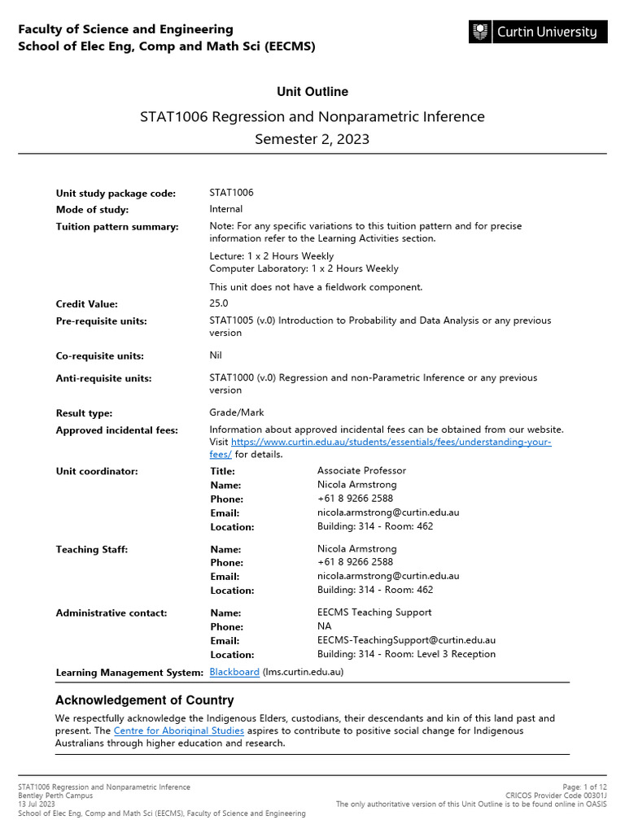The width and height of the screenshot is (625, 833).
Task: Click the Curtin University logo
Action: (x=537, y=33)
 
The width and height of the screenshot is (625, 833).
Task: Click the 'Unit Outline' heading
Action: (x=312, y=92)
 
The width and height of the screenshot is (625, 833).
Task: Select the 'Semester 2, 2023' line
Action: (x=312, y=139)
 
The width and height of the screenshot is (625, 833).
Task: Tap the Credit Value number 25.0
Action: (x=219, y=303)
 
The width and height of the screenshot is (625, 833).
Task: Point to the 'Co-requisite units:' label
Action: (x=99, y=356)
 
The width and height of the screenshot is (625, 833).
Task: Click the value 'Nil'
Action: (x=216, y=355)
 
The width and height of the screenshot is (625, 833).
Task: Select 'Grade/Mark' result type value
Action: (x=237, y=412)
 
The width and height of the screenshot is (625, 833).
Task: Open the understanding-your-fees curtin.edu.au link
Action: (x=391, y=442)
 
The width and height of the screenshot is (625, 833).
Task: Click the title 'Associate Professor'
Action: (x=361, y=470)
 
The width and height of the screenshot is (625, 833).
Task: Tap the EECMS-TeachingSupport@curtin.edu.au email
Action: (x=406, y=640)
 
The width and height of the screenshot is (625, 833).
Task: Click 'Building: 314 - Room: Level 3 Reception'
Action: (x=406, y=654)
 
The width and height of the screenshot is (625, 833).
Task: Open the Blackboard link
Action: (x=234, y=672)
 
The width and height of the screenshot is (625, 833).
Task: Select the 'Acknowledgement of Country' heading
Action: (x=144, y=700)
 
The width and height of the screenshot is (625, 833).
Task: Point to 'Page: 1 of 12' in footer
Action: (x=584, y=787)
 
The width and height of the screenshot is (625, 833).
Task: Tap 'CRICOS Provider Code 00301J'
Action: (x=556, y=796)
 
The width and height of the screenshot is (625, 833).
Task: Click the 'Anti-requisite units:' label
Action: (x=103, y=378)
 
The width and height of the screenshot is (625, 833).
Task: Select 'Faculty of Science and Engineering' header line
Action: (x=125, y=29)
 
